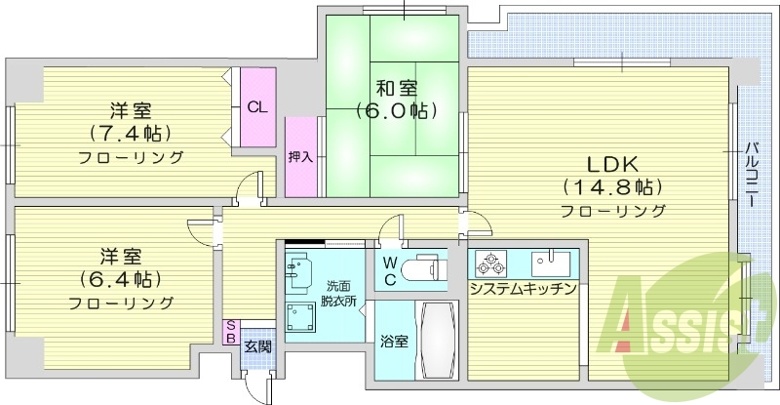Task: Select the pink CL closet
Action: pyautogui.click(x=257, y=107)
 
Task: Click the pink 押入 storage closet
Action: pyautogui.click(x=301, y=156)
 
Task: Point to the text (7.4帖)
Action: pyautogui.click(x=130, y=133)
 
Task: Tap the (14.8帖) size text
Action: pyautogui.click(x=612, y=186)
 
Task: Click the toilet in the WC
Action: pyautogui.click(x=425, y=267)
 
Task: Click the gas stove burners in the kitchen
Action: pyautogui.click(x=487, y=263)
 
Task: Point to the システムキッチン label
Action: pyautogui.click(x=523, y=290)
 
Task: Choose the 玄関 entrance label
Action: pyautogui.click(x=257, y=345)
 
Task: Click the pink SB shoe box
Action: pyautogui.click(x=231, y=332)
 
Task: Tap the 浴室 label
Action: pyautogui.click(x=393, y=342)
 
